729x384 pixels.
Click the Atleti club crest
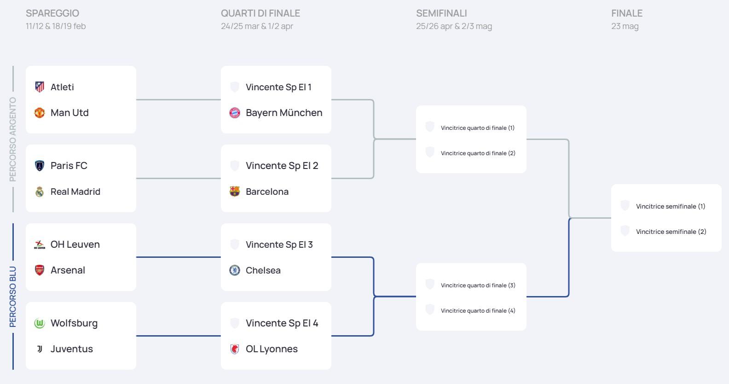click(40, 87)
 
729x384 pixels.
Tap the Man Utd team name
click(69, 113)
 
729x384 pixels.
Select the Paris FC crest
click(40, 166)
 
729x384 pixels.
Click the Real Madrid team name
click(75, 192)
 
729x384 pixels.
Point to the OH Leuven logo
click(40, 244)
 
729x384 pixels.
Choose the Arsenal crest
click(40, 270)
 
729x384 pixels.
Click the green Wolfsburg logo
click(40, 323)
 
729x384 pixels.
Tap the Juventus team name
click(71, 349)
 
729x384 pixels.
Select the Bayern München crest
click(235, 113)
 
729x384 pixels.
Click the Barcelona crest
click(235, 192)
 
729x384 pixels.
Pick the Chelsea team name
click(263, 270)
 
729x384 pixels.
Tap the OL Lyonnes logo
click(235, 349)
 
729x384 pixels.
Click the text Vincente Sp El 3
click(279, 244)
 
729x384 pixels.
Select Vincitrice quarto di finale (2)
click(478, 153)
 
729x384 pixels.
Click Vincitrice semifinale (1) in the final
click(670, 206)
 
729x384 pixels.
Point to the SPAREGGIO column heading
click(52, 13)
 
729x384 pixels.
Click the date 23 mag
click(625, 26)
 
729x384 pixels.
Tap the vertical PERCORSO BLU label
click(13, 297)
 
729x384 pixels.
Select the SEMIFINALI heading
click(441, 13)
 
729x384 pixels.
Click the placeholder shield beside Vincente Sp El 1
click(235, 87)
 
